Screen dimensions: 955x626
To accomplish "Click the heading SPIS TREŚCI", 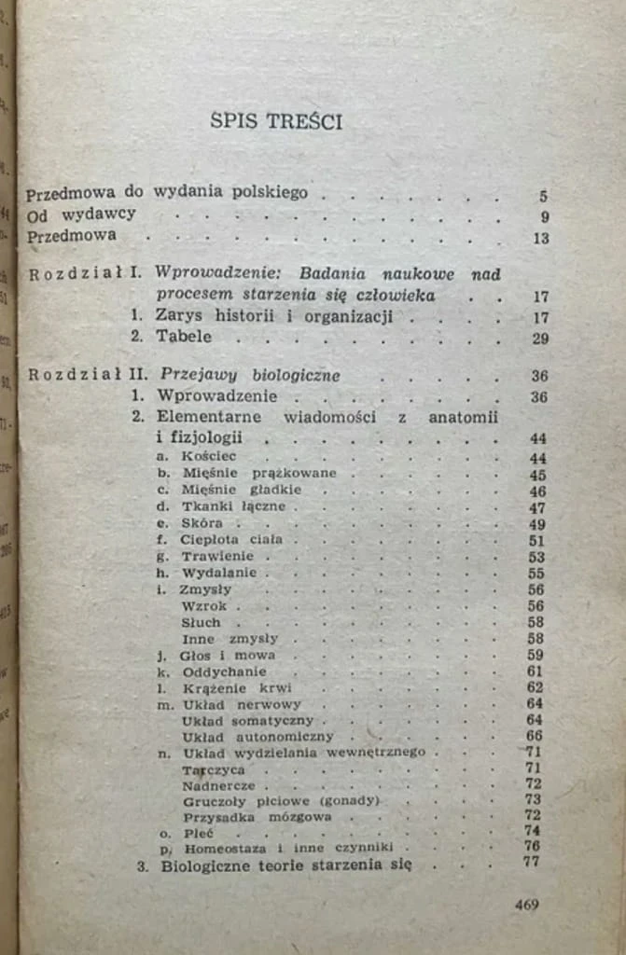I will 290,121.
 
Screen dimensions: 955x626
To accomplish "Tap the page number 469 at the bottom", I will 526,904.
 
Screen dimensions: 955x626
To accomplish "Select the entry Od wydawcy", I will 81,215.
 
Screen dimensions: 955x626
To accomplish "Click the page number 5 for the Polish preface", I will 543,197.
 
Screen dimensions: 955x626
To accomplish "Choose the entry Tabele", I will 184,337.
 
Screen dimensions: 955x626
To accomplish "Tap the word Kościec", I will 210,457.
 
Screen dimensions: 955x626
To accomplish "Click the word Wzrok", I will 204,606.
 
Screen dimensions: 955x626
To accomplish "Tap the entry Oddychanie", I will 225,671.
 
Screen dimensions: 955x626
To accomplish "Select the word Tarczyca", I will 214,770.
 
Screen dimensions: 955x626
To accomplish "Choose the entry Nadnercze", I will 218,786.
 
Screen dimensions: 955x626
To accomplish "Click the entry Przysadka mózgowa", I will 243,817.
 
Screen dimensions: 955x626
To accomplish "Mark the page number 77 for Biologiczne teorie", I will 533,863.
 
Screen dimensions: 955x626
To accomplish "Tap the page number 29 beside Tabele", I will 539,339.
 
